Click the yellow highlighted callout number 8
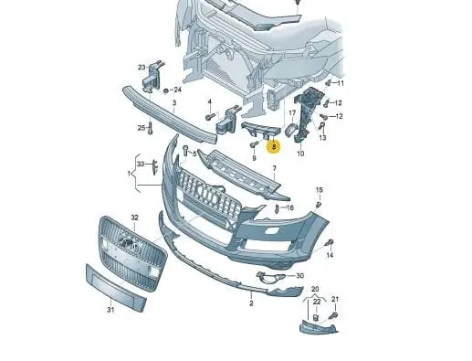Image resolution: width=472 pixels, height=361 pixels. tap(274, 147)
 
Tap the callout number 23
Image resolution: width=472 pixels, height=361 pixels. tap(142, 68)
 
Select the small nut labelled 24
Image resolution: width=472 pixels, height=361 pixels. tap(166, 90)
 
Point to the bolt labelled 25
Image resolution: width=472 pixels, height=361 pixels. tap(150, 128)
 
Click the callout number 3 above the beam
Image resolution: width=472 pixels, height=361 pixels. tap(174, 103)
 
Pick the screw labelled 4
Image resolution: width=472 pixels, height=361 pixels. tap(210, 117)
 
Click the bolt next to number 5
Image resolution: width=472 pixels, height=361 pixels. tap(185, 152)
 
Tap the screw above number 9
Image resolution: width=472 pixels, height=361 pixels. tap(254, 144)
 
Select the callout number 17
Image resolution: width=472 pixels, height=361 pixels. tap(292, 113)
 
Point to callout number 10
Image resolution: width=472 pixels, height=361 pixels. tap(300, 154)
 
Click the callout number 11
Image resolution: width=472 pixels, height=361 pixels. tap(341, 83)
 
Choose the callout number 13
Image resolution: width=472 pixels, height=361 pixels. tap(322, 138)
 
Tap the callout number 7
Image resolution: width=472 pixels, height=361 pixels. tap(275, 168)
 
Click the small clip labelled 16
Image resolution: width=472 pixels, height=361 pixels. tap(277, 208)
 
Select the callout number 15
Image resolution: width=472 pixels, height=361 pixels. tap(319, 190)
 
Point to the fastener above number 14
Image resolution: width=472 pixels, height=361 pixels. tap(330, 243)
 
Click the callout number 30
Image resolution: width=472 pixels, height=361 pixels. tap(300, 276)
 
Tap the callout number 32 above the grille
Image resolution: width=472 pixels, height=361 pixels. tap(134, 218)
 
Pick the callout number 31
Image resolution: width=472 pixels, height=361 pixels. tap(110, 310)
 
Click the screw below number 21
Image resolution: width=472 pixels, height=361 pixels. tap(333, 316)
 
